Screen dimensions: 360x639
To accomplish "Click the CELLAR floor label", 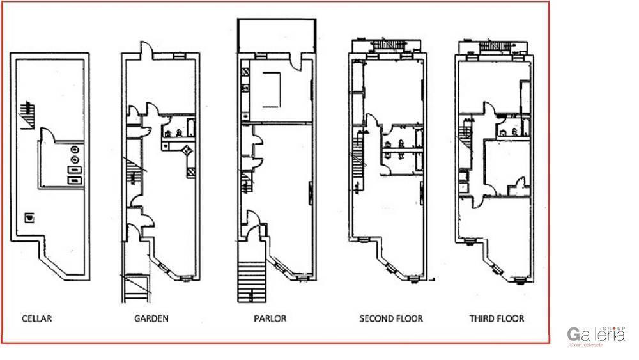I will (36, 318).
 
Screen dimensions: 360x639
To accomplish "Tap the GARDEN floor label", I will (151, 318).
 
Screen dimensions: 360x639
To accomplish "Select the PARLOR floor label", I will (270, 318).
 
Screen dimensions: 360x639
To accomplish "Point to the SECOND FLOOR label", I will (391, 318).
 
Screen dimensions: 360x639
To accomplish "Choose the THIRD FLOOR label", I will (497, 318).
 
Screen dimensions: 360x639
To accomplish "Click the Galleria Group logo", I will (596, 335).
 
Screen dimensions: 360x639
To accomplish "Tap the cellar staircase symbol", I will (26, 114).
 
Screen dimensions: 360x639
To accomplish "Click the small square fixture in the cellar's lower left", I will (29, 217).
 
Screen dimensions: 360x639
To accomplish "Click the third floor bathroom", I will (512, 124).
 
